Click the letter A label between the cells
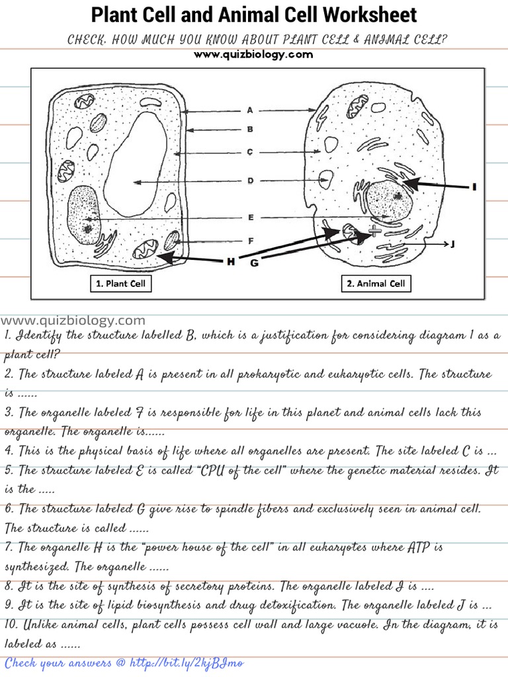coord(250,110)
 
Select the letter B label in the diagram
coord(250,130)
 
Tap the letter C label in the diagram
coord(250,152)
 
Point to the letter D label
coord(250,180)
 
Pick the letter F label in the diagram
coord(250,241)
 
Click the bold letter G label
coord(254,264)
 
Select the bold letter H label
coord(230,262)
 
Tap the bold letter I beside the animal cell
coord(474,188)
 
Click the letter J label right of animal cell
coord(452,245)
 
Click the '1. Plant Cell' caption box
coord(121,284)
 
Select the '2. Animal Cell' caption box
coord(376,284)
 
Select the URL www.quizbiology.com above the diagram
coord(253,55)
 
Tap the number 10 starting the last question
coord(11,624)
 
